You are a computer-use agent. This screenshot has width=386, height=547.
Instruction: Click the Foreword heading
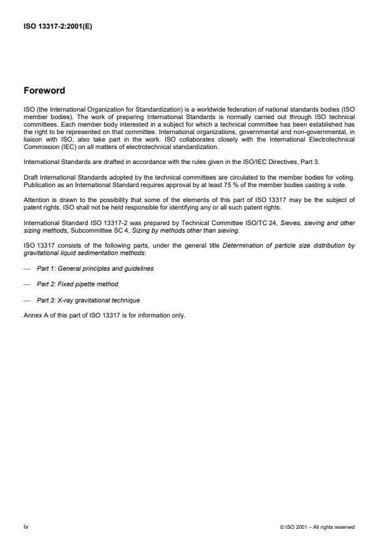44,90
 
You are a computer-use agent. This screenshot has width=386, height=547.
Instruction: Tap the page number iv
26,527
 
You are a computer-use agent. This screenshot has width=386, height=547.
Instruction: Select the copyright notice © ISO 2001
317,528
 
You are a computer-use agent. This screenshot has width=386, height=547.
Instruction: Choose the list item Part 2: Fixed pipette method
77,284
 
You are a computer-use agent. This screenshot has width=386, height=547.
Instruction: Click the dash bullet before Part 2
27,284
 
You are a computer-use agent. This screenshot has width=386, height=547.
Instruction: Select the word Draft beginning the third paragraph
31,177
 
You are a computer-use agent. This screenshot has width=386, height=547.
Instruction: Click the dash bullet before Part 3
27,301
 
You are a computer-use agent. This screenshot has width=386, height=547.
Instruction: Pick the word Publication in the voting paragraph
37,185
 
